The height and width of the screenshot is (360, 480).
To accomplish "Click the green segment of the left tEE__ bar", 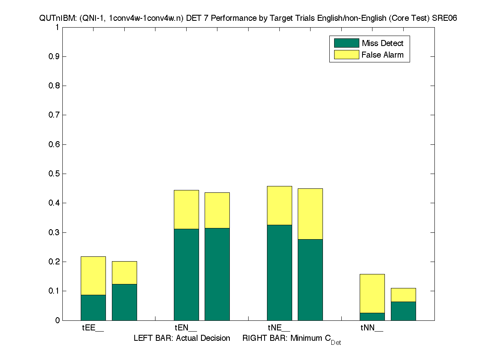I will coord(93,307).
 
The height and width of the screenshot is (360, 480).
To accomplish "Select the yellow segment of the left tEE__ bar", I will coord(93,276).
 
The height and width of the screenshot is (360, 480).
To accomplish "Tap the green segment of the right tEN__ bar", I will coord(217,274).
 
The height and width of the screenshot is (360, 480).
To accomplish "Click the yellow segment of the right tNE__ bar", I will coord(310,214).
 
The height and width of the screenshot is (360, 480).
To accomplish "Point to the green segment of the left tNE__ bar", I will coord(279,272).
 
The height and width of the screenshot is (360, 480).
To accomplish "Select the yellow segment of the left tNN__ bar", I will coord(372,293).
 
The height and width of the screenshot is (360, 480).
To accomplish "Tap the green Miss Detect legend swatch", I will coord(346,43).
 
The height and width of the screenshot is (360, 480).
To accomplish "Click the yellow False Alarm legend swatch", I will coord(346,55).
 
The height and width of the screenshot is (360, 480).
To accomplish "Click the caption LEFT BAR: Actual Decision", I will coord(182,338).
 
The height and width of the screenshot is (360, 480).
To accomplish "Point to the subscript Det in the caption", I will coord(336,343).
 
